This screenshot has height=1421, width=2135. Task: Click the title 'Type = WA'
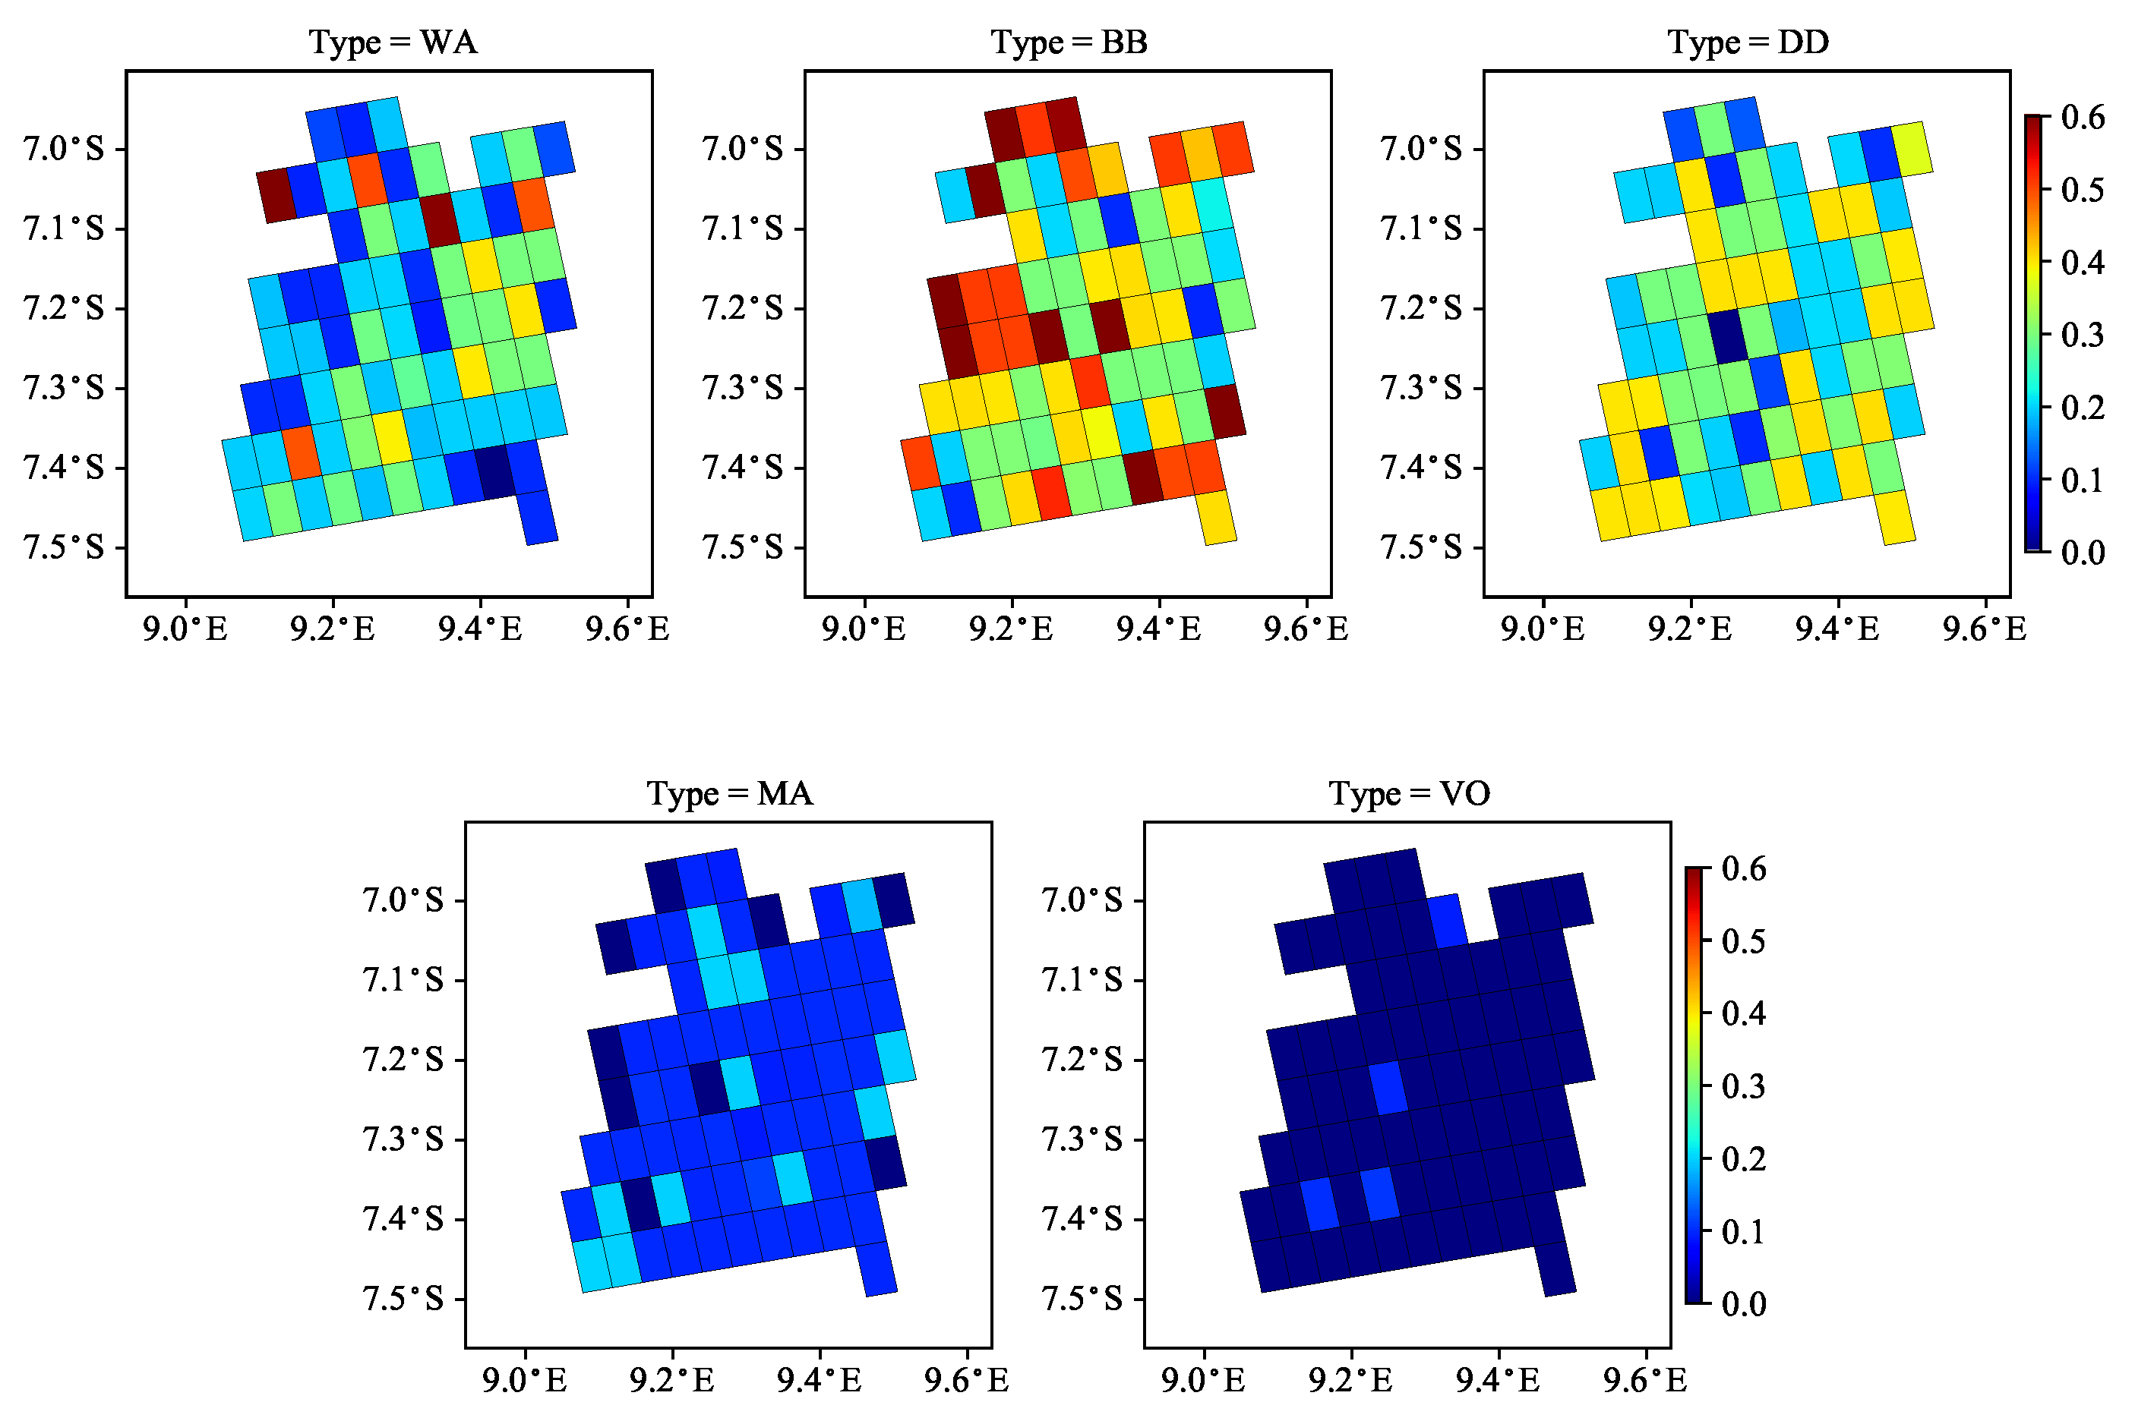click(393, 43)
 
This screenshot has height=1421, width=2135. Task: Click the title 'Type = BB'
click(1069, 43)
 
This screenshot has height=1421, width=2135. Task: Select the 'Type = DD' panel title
click(1747, 43)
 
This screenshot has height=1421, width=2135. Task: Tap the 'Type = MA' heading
click(730, 794)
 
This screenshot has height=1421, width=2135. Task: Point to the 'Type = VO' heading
click(1409, 794)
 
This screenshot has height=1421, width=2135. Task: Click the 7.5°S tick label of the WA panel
click(64, 548)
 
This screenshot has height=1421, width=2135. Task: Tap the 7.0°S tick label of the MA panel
click(403, 901)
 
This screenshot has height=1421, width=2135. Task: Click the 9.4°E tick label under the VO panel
click(1498, 1380)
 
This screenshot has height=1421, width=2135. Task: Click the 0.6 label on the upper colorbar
click(2083, 117)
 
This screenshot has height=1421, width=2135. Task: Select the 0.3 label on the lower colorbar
click(1743, 1085)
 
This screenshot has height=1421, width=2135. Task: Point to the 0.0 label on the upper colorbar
click(2083, 552)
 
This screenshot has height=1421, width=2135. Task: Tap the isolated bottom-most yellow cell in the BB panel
click(1217, 518)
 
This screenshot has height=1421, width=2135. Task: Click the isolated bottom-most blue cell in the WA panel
click(538, 518)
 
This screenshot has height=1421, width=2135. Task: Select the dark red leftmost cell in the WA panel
click(276, 195)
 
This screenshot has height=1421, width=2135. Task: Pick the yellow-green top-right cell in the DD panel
click(1910, 148)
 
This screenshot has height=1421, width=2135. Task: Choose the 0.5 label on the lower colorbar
click(1743, 941)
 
